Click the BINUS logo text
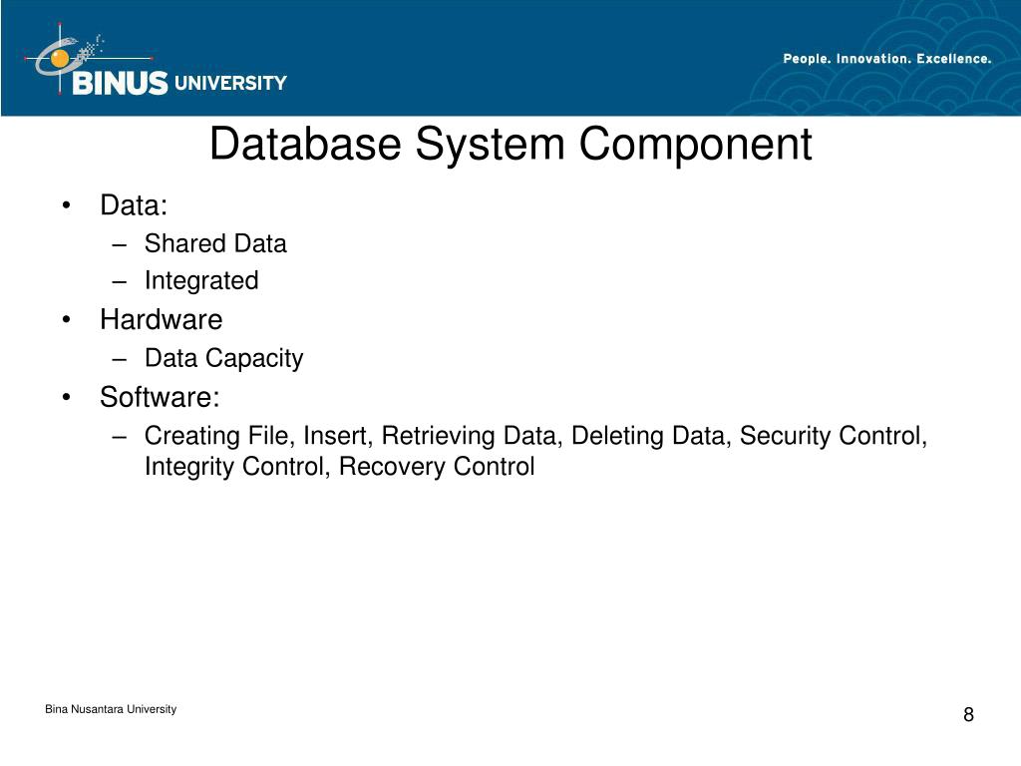pos(120,84)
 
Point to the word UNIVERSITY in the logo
pos(230,84)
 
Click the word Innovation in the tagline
pos(873,59)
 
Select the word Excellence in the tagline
pos(954,59)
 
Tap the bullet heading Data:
pos(134,205)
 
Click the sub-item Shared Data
pos(215,243)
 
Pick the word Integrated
pos(201,281)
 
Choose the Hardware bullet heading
pos(161,320)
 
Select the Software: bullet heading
pos(160,398)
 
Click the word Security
pos(784,436)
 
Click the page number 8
pos(968,715)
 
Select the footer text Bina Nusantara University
pos(111,709)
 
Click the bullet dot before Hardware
pos(66,321)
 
